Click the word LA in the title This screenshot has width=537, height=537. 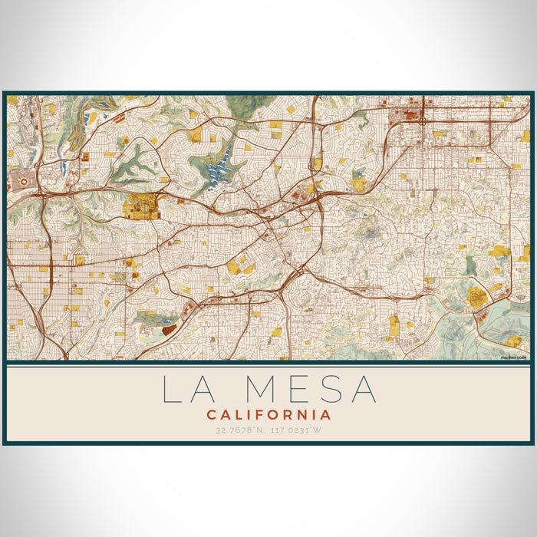pos(185,389)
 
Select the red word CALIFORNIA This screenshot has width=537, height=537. pos(268,414)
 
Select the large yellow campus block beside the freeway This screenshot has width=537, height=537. pos(141,206)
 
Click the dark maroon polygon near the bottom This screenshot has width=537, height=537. pos(169,329)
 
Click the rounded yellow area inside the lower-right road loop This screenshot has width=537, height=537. pos(477,298)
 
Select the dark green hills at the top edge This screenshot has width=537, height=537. pos(245,106)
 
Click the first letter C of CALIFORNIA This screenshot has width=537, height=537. pos(210,414)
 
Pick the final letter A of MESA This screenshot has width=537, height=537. pos(362,389)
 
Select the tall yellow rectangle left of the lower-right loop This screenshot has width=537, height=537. pos(394,325)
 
